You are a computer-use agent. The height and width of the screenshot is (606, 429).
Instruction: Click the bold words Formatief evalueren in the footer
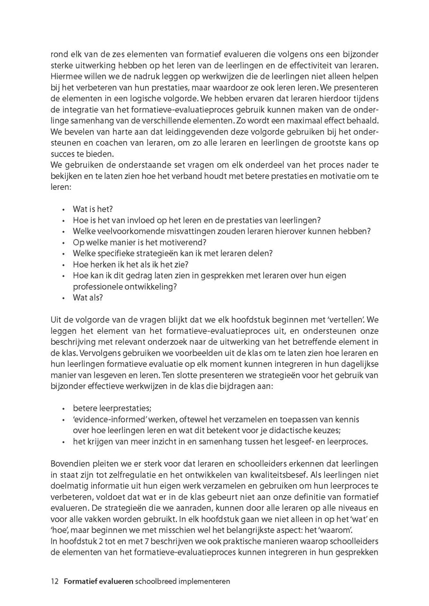98,581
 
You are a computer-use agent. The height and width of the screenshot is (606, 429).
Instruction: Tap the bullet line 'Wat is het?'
93,209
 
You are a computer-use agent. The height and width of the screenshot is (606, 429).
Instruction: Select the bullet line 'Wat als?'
88,298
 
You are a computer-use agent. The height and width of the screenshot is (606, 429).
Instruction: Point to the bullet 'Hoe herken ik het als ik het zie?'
131,264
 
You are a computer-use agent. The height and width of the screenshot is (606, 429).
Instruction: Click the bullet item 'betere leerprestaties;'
112,408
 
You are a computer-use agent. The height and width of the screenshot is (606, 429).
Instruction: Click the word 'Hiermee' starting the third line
66,77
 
